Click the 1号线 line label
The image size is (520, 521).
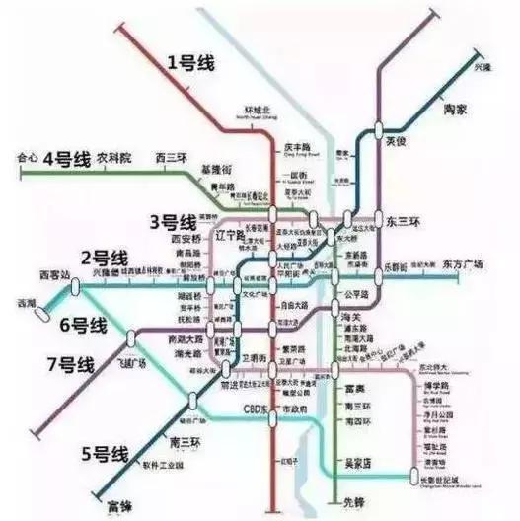tap(189, 63)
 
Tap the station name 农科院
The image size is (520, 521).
tap(113, 157)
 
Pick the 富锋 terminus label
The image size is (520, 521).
tap(119, 507)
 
